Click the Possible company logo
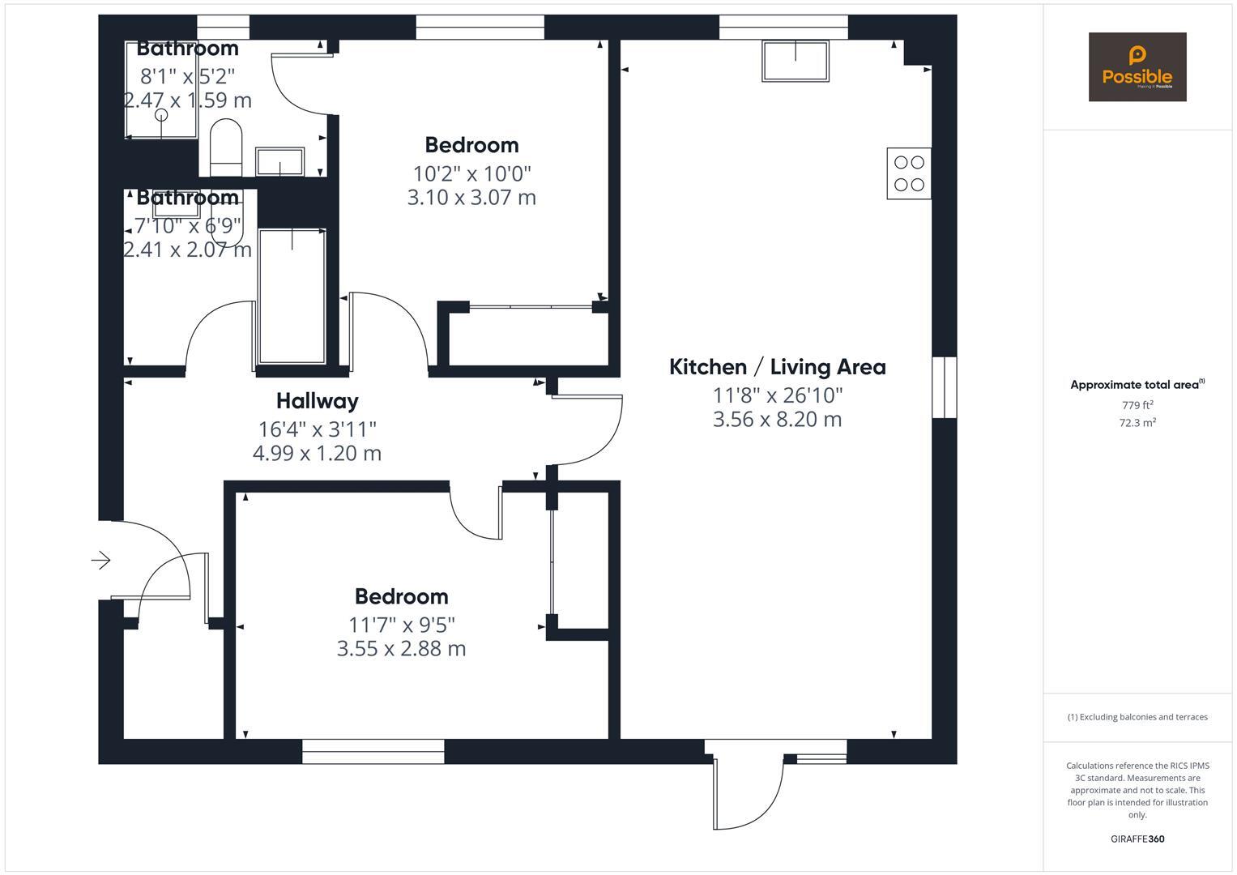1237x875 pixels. click(1137, 67)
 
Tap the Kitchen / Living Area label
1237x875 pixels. click(777, 367)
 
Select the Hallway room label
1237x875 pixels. click(317, 401)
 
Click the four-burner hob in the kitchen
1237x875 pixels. click(909, 173)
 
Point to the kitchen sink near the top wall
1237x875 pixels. click(795, 62)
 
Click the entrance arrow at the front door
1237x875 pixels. click(101, 560)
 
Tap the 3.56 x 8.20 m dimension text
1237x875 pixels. click(777, 420)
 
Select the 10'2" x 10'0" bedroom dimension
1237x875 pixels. click(471, 173)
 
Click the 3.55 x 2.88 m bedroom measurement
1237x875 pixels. click(401, 649)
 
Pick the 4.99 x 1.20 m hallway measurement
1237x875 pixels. click(317, 453)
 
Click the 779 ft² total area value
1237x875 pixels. click(1137, 405)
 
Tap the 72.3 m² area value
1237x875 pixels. click(1137, 422)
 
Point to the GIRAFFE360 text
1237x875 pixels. click(1137, 839)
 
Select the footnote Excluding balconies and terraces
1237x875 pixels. click(1137, 717)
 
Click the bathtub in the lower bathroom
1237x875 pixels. click(292, 297)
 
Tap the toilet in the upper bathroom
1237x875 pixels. click(226, 146)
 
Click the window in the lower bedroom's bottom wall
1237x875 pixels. click(373, 751)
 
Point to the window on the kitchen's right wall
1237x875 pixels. click(944, 387)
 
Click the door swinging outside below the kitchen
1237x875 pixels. click(749, 790)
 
